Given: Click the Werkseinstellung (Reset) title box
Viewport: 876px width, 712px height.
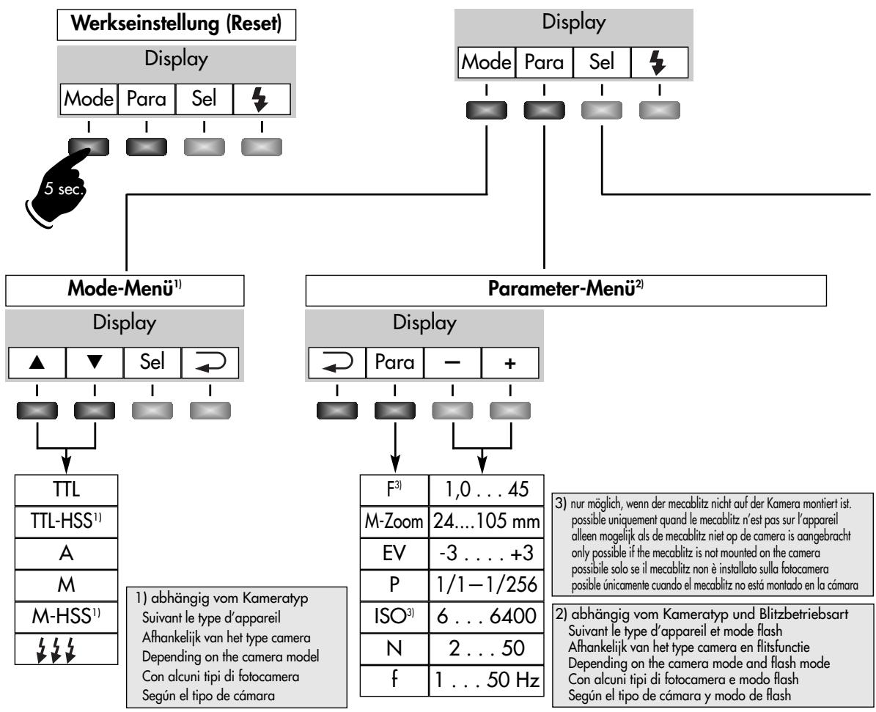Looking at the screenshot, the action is [x=177, y=24].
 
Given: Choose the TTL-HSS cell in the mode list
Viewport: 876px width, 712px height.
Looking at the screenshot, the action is [x=67, y=521].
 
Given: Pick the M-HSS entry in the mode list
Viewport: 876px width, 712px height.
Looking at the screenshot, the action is [x=67, y=617].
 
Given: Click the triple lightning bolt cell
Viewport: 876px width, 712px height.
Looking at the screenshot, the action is [x=67, y=649].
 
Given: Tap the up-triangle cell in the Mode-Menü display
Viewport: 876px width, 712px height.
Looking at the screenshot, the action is [x=37, y=363].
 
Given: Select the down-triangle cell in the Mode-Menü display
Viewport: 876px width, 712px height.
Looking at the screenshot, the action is [x=95, y=363].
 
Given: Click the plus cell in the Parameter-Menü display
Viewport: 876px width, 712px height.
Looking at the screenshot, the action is [x=510, y=363].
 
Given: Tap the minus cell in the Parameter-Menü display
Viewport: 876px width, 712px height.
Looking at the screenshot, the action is [x=452, y=363].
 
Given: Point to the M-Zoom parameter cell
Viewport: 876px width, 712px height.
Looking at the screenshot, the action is [x=394, y=521].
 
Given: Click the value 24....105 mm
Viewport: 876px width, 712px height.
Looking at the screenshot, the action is [x=486, y=521].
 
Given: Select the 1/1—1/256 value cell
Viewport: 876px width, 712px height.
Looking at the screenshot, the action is [x=486, y=584].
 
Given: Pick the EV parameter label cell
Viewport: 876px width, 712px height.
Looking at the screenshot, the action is [x=394, y=554].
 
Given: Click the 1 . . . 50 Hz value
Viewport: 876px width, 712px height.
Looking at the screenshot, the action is [x=486, y=680].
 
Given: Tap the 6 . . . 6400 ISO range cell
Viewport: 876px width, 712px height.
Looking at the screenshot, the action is [x=486, y=617].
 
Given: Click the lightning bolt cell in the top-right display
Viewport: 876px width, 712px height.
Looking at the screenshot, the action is [x=659, y=62].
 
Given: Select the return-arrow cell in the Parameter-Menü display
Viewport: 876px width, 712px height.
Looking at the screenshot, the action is [x=337, y=363].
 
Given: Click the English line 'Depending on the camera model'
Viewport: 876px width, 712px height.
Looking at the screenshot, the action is [x=231, y=656].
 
